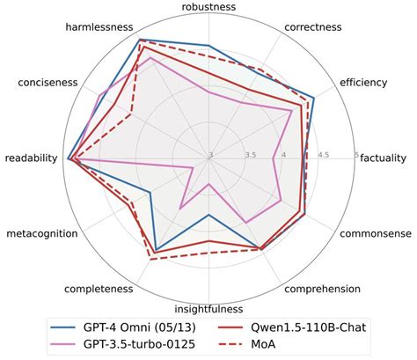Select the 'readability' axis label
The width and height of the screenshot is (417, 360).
point(31,158)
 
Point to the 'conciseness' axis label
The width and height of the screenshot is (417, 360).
point(48,83)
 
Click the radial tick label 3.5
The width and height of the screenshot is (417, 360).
point(250,155)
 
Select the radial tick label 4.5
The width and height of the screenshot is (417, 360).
point(323,155)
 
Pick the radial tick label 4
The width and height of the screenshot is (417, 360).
point(287,155)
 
